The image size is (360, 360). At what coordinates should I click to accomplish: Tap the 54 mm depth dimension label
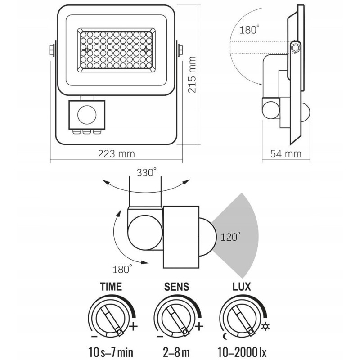click(286, 154)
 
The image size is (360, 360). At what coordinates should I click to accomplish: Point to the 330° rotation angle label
click(146, 172)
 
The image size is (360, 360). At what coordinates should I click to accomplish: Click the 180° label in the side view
click(250, 31)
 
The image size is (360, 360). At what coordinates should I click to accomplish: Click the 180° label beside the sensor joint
click(122, 269)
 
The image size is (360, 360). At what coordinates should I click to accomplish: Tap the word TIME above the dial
click(111, 286)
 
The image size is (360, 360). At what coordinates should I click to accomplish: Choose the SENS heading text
click(177, 286)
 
